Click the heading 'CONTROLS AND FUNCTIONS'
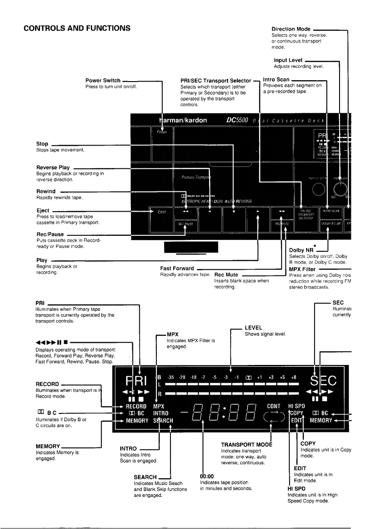[x=77, y=27]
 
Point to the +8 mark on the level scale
[x=293, y=377]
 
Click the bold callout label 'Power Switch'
[x=101, y=81]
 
